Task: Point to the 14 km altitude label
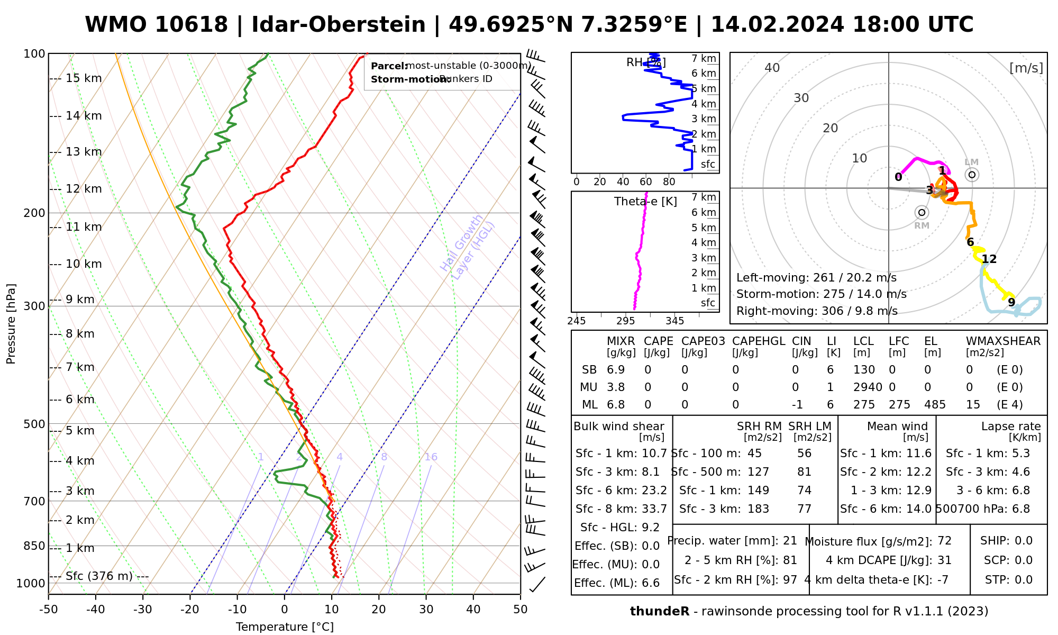coord(84,116)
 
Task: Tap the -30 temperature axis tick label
coord(142,610)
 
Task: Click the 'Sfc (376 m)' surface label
coord(99,576)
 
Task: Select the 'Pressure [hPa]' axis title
coord(11,324)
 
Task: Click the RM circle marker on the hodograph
coord(922,213)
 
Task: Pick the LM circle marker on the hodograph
coord(972,175)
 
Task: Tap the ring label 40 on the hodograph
coord(772,68)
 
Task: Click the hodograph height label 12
coord(989,259)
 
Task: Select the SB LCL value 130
coord(864,370)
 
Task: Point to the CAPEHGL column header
coord(759,341)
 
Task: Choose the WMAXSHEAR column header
coord(1003,341)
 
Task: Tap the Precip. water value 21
coord(790,541)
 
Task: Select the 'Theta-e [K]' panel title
coord(645,202)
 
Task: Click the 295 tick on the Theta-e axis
coord(625,321)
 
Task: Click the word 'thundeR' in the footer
coord(659,612)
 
